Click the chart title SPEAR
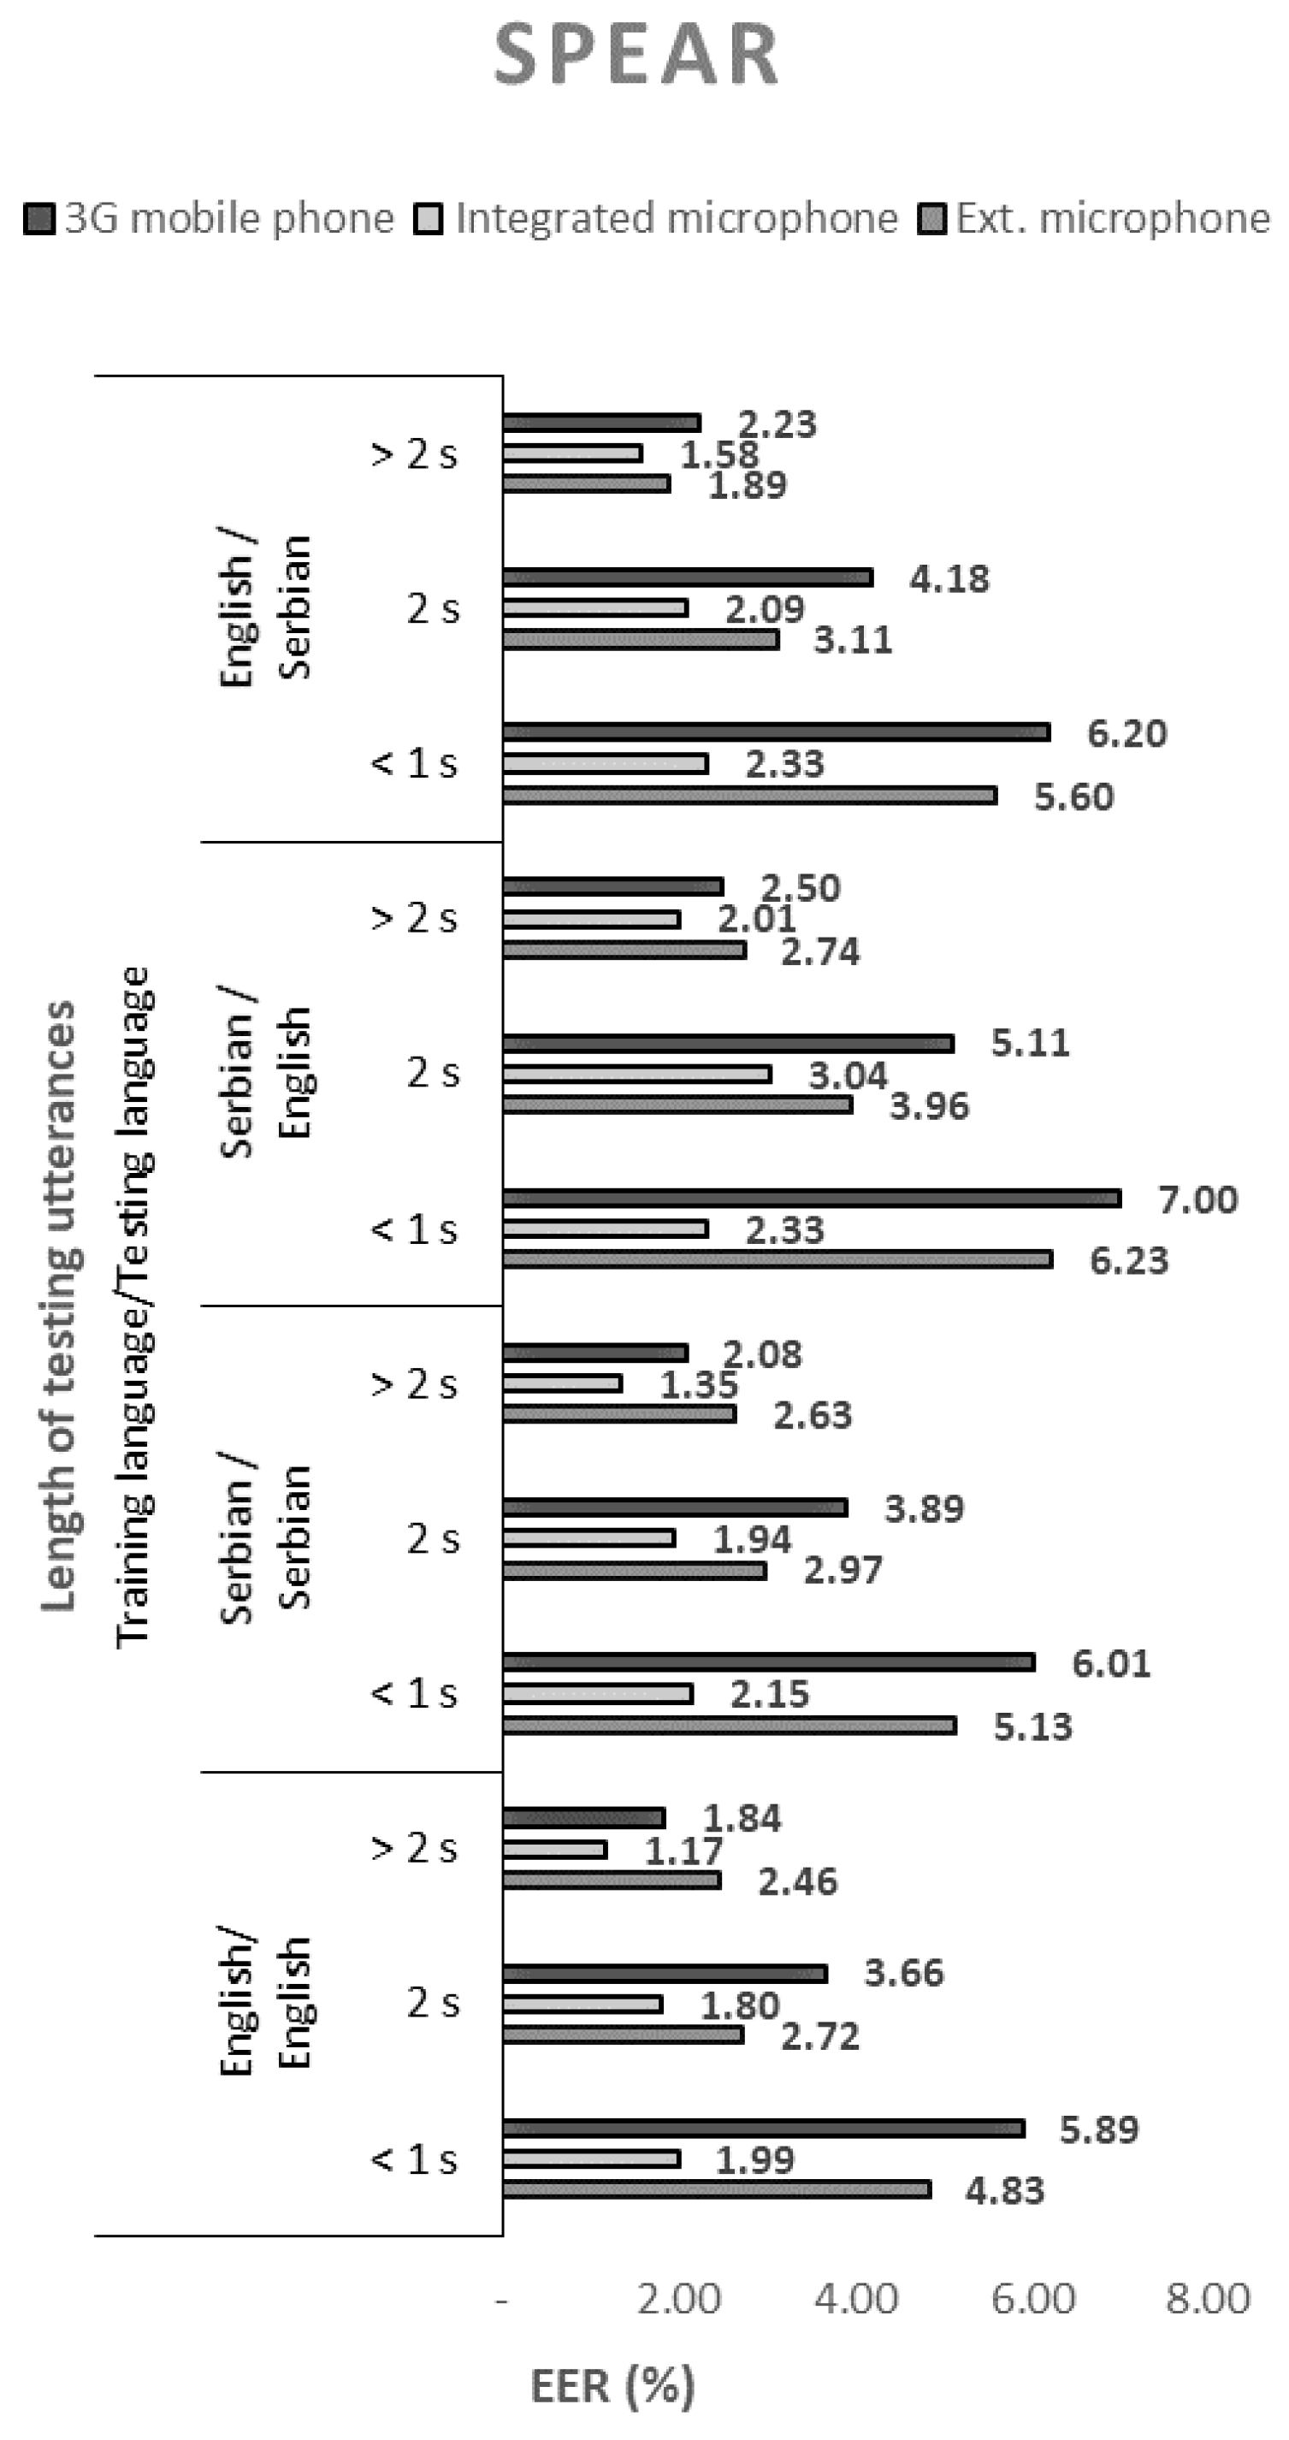pyautogui.click(x=636, y=55)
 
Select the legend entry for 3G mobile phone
pyautogui.click(x=210, y=219)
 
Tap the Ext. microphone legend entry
pyautogui.click(x=1095, y=219)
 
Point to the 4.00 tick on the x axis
pyautogui.click(x=855, y=2299)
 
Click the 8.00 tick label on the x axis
pyautogui.click(x=1208, y=2299)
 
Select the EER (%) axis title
pyautogui.click(x=612, y=2385)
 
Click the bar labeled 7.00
pyautogui.click(x=812, y=1199)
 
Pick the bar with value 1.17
pyautogui.click(x=554, y=1849)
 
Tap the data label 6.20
pyautogui.click(x=1126, y=733)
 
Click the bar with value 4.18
pyautogui.click(x=688, y=577)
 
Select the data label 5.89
pyautogui.click(x=1098, y=2129)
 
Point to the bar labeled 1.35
pyautogui.click(x=562, y=1384)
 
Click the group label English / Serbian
pyautogui.click(x=265, y=607)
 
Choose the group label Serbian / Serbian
pyautogui.click(x=265, y=1537)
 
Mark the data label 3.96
pyautogui.click(x=929, y=1105)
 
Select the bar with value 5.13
pyautogui.click(x=730, y=1726)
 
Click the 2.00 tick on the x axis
pyautogui.click(x=678, y=2299)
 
